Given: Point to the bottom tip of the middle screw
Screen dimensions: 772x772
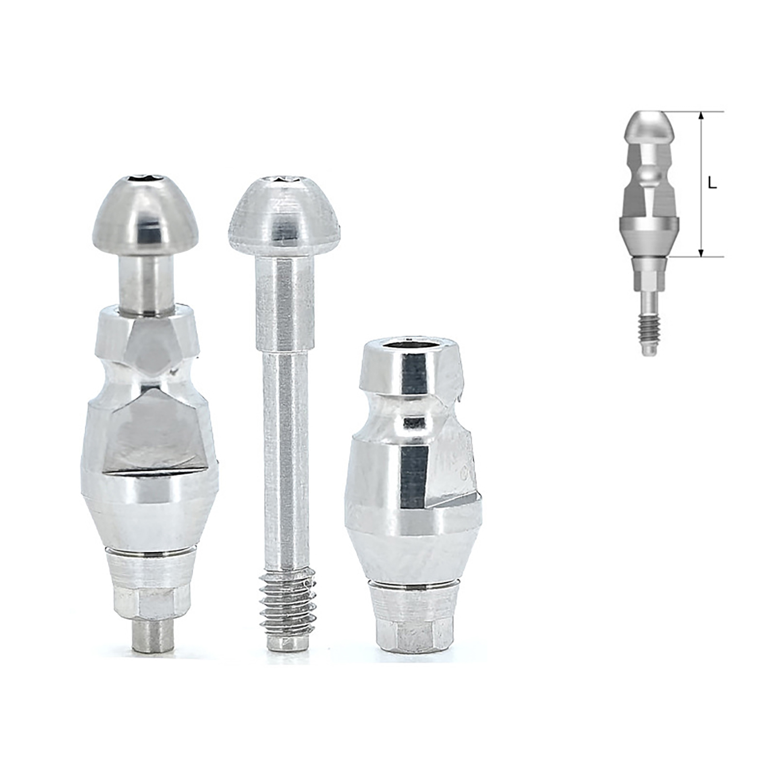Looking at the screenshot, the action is [x=287, y=645].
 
